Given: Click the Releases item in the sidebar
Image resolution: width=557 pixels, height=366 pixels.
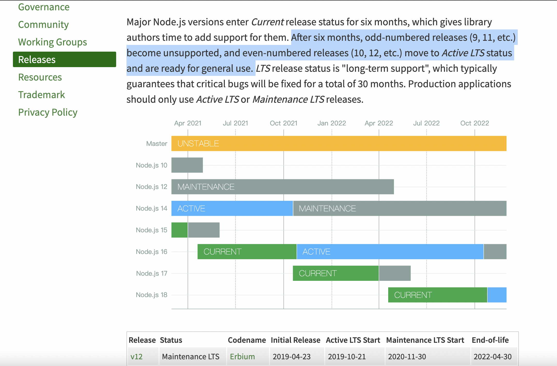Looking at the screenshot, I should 37,60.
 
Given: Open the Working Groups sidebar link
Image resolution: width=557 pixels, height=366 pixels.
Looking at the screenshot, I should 52,42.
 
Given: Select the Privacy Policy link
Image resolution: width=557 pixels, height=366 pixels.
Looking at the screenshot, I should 48,112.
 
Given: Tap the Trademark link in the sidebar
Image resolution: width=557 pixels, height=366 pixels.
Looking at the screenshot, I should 42,95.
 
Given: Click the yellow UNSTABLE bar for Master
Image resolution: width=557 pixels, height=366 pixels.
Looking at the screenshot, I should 339,144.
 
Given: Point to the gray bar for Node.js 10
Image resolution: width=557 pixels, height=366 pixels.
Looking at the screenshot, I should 187,165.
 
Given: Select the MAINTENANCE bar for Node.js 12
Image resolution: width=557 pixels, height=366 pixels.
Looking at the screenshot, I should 283,187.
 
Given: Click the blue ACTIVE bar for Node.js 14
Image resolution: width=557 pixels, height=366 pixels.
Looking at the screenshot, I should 232,208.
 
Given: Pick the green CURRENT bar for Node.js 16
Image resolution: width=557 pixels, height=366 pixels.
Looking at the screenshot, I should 247,252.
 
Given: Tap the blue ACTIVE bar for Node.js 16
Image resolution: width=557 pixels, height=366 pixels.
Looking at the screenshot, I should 390,252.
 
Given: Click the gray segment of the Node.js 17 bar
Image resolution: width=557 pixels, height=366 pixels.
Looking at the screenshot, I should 395,273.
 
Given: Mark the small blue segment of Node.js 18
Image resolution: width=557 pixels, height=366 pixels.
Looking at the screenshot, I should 497,295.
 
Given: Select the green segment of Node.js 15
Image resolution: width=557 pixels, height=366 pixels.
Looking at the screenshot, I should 179,230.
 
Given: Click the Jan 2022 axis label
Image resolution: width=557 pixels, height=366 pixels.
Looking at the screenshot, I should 332,123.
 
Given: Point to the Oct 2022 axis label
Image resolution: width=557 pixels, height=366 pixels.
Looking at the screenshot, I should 475,123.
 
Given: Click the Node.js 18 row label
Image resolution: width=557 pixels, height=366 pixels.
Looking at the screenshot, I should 152,295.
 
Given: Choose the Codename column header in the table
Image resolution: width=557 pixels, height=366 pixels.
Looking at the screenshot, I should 247,340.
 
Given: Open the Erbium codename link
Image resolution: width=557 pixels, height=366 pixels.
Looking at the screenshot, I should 242,356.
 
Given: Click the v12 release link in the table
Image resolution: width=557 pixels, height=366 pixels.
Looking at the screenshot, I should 137,356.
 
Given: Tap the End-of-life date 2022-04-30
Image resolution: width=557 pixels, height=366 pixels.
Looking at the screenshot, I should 492,356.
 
